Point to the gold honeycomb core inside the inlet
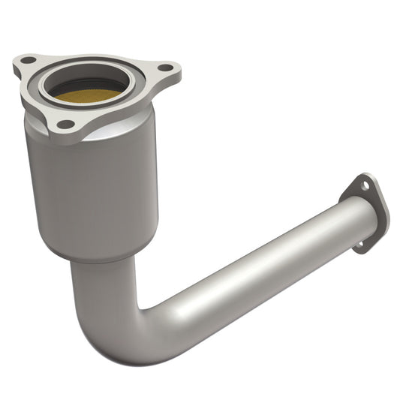84,95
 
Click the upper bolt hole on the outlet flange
365,185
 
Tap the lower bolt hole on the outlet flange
359,243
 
